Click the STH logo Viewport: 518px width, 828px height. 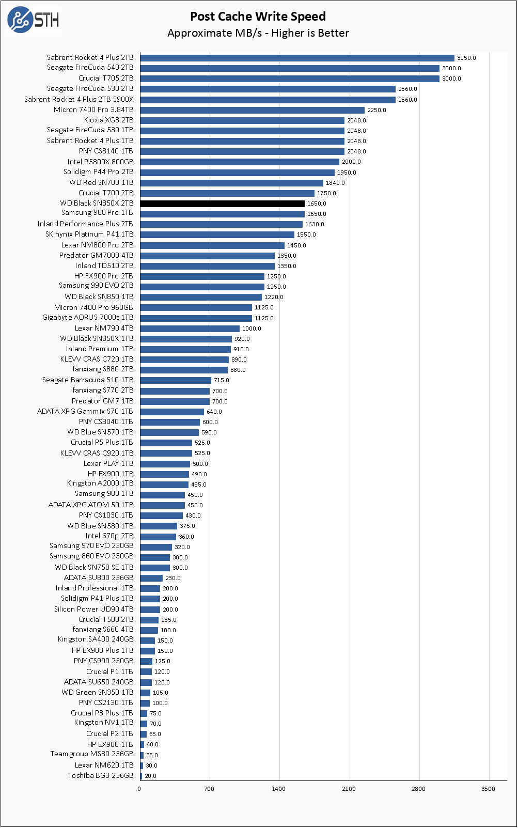pyautogui.click(x=34, y=20)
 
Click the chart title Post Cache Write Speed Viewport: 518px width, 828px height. pyautogui.click(x=258, y=17)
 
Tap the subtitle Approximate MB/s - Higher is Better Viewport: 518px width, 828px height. pyautogui.click(x=258, y=33)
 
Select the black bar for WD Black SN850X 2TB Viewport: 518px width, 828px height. pyautogui.click(x=222, y=204)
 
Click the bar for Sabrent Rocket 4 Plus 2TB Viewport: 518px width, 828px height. pyautogui.click(x=297, y=58)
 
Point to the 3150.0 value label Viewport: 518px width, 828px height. pyautogui.click(x=466, y=58)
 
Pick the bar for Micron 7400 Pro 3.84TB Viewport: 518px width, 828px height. pyautogui.click(x=252, y=110)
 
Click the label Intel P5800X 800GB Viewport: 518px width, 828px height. pyautogui.click(x=100, y=162)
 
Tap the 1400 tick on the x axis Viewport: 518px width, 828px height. pyautogui.click(x=279, y=789)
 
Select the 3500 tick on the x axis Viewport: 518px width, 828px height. pyautogui.click(x=488, y=789)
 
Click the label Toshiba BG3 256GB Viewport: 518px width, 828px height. pyautogui.click(x=100, y=775)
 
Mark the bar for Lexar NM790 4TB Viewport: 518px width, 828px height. pyautogui.click(x=190, y=329)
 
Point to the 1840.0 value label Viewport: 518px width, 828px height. pyautogui.click(x=335, y=183)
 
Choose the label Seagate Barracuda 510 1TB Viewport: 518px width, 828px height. pyautogui.click(x=87, y=380)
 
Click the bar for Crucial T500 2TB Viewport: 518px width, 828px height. pyautogui.click(x=149, y=620)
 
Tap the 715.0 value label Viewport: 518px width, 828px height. pyautogui.click(x=222, y=380)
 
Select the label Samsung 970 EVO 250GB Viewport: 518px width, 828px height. pyautogui.click(x=91, y=545)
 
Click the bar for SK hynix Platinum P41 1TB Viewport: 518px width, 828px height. pyautogui.click(x=217, y=235)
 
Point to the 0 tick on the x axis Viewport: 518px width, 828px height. pyautogui.click(x=139, y=789)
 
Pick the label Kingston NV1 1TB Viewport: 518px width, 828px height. pyautogui.click(x=103, y=722)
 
